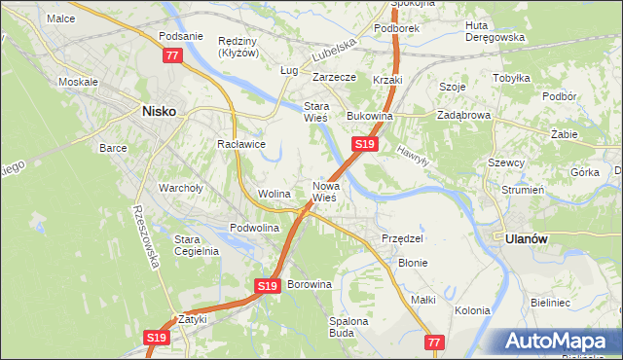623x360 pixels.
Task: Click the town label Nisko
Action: point(159,111)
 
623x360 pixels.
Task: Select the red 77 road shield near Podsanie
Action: point(172,56)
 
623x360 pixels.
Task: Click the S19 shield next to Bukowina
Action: point(364,144)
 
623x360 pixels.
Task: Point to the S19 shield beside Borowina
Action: point(269,286)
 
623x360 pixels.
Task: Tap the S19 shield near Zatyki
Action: point(157,338)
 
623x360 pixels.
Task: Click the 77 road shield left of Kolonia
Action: point(435,342)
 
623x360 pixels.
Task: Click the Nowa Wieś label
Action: point(324,191)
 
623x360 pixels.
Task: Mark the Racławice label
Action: point(241,144)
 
